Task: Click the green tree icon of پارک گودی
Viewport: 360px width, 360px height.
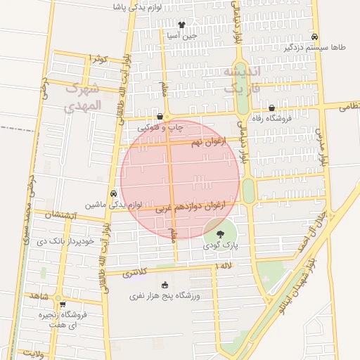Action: pos(221,234)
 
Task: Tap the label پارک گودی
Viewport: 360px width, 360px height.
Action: pos(221,247)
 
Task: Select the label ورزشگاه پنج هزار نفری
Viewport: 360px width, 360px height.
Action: pos(165,297)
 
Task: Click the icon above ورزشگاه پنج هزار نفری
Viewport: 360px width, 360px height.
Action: pos(165,285)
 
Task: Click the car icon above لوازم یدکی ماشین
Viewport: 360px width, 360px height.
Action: pos(113,193)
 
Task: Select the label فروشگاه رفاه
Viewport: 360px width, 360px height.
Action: pos(272,119)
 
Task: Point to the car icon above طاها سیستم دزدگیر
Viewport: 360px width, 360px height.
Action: pos(315,37)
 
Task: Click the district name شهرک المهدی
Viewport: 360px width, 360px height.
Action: pos(83,97)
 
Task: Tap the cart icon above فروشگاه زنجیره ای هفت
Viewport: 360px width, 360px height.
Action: pos(63,305)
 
